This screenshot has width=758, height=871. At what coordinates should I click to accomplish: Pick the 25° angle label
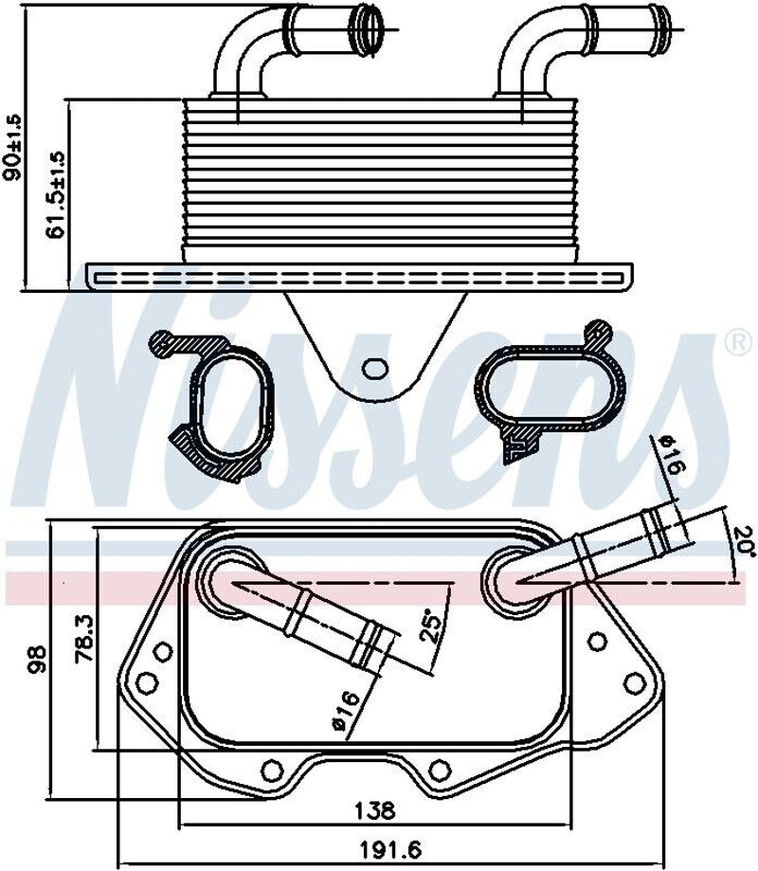[x=431, y=626]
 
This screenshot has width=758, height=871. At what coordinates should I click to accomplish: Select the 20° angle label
[x=742, y=541]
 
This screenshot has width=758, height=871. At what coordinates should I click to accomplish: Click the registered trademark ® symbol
[x=736, y=343]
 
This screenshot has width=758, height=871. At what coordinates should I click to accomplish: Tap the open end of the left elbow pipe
[x=369, y=19]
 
